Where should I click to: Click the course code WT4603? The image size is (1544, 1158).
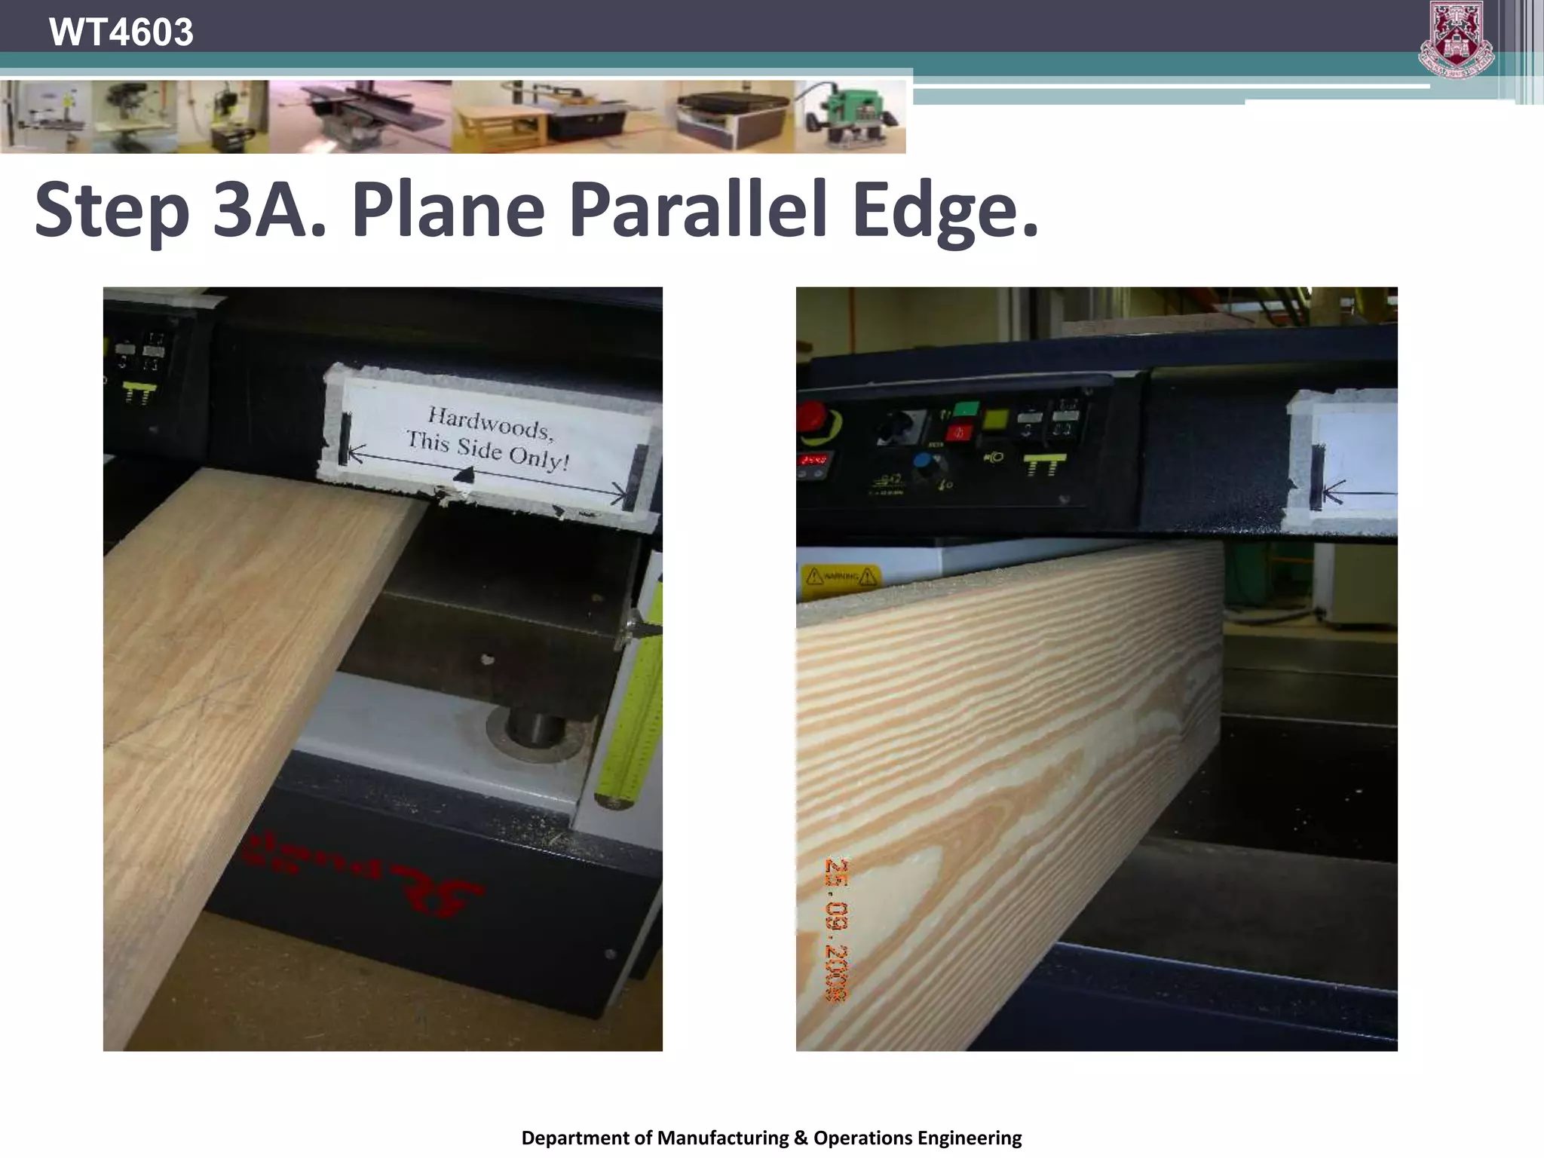pos(121,32)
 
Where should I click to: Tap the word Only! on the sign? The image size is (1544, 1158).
pos(538,456)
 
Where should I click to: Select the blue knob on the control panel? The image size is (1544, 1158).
pos(923,464)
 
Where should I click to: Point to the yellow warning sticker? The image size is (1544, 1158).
pos(841,577)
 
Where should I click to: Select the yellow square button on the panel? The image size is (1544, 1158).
pos(996,419)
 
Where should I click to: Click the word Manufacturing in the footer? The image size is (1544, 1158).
pos(722,1138)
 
